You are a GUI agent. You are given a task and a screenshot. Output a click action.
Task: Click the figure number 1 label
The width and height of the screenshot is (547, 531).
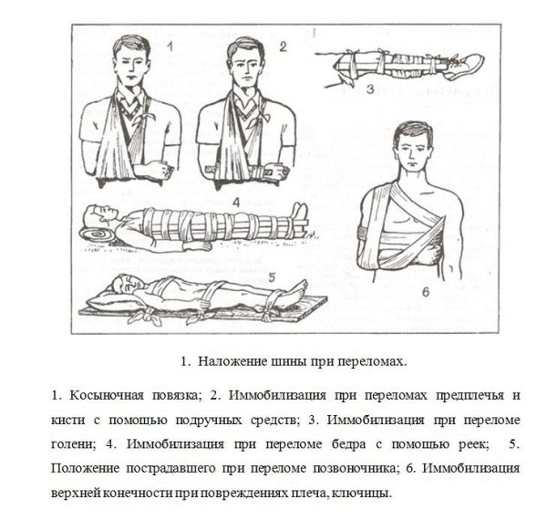170,46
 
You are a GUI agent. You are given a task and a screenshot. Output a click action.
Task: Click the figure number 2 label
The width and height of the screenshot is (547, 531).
283,46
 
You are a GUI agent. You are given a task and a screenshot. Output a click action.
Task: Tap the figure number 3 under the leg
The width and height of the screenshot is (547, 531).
371,88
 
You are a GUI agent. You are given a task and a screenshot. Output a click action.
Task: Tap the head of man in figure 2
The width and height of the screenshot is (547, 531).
241,58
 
